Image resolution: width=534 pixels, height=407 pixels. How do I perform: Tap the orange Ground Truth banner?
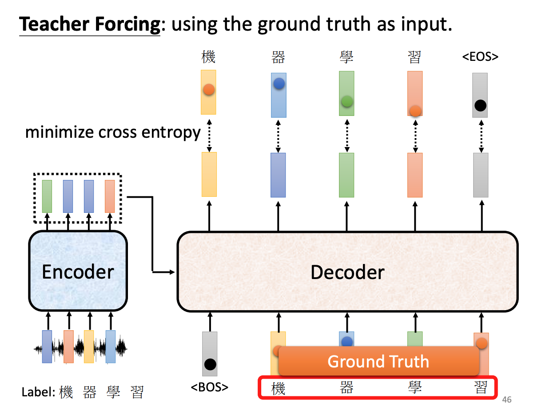(x=379, y=361)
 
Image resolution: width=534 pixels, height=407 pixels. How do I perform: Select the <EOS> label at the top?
(x=480, y=57)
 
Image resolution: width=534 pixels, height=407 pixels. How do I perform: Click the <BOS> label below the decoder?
(x=209, y=387)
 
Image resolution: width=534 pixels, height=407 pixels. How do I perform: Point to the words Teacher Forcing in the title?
(x=89, y=24)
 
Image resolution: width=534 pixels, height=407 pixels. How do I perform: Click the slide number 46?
(x=507, y=399)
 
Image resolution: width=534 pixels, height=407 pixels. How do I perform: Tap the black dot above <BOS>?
(x=210, y=365)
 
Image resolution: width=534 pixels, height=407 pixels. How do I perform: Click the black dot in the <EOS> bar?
(x=480, y=106)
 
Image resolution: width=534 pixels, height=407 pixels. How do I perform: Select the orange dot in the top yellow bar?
(x=209, y=90)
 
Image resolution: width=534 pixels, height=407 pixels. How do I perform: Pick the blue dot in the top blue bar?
(x=279, y=83)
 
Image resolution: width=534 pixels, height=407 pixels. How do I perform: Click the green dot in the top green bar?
(x=347, y=101)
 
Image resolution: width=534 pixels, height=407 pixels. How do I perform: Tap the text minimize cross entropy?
(x=113, y=132)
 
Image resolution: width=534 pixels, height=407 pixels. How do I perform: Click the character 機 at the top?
(x=208, y=57)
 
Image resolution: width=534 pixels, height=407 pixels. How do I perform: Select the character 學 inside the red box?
(x=415, y=388)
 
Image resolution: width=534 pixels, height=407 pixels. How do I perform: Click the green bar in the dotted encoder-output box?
(x=47, y=196)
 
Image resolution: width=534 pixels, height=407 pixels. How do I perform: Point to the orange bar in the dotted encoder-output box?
(x=110, y=196)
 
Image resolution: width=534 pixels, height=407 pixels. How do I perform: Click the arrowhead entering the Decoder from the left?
(x=174, y=272)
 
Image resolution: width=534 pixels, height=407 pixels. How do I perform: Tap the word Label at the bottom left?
(x=38, y=392)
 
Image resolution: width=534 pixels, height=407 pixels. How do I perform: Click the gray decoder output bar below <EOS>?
(x=480, y=175)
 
